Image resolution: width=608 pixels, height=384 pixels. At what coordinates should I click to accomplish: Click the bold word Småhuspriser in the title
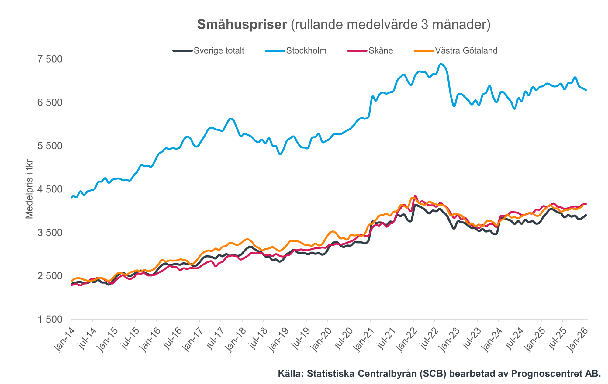coord(242,25)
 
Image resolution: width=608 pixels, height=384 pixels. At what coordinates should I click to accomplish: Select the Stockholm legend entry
coord(306,50)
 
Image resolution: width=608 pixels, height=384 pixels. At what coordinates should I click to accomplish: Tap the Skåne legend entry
coord(381,50)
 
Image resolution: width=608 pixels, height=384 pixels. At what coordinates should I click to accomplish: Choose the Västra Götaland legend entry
coord(466,50)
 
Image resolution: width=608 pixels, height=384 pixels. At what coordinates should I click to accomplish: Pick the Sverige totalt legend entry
coord(219,50)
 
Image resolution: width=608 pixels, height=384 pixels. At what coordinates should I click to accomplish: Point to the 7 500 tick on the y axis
coord(50,59)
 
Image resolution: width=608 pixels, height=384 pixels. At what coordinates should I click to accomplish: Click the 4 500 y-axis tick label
coord(50,189)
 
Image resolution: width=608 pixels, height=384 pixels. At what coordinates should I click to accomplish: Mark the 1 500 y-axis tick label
coord(50,320)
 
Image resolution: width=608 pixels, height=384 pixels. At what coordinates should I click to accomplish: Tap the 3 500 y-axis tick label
coord(50,233)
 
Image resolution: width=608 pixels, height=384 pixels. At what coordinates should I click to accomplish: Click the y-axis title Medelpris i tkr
coord(29,189)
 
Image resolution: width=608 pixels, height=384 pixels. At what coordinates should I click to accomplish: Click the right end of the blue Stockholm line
coord(586,90)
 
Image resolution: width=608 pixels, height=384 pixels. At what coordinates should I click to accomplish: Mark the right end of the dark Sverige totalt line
coord(586,215)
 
